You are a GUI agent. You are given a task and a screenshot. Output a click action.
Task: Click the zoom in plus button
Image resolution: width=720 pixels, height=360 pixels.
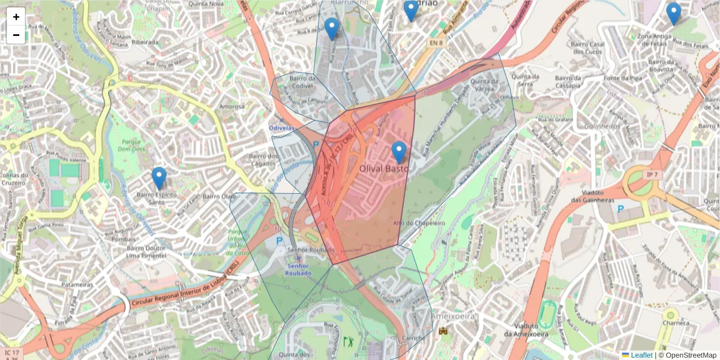click(16, 17)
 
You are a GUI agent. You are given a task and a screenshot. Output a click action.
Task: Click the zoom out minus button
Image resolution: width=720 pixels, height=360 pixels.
click(16, 35)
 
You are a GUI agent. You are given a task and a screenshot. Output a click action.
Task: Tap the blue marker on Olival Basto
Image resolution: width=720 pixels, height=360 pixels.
click(398, 152)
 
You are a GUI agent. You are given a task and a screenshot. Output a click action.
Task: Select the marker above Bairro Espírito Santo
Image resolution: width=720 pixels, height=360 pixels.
click(159, 178)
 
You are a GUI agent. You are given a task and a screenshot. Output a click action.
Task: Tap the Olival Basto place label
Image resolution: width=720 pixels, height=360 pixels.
click(383, 170)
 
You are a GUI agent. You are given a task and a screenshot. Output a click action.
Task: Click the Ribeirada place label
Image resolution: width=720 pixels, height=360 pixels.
click(145, 43)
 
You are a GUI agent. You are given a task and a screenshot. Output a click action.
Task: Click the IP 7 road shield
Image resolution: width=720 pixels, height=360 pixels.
click(652, 174)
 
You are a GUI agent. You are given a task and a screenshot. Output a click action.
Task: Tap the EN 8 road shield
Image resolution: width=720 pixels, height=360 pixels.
click(436, 43)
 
